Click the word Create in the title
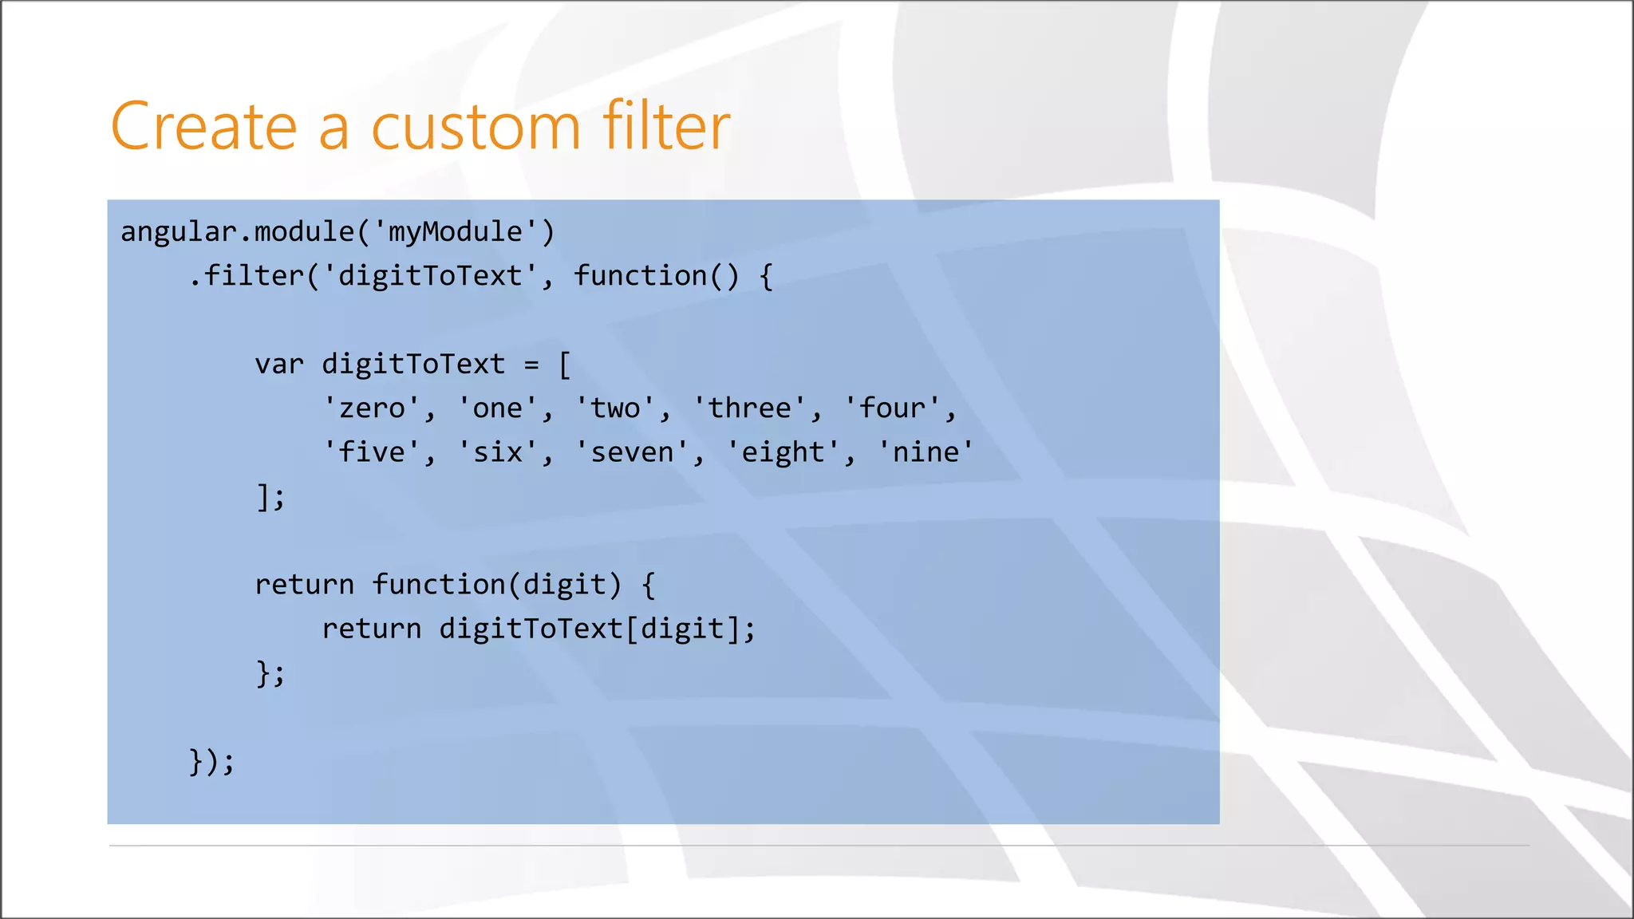tap(203, 127)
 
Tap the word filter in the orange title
tap(665, 125)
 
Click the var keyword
tap(279, 365)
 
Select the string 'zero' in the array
tap(372, 408)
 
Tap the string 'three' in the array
tap(749, 408)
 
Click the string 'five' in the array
tap(372, 452)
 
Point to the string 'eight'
tap(783, 452)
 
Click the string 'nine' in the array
tap(926, 452)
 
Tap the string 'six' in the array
tap(498, 452)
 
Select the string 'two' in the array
tap(615, 408)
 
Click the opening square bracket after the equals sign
tap(565, 365)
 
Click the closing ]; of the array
tap(270, 497)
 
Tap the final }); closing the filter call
tap(212, 761)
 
